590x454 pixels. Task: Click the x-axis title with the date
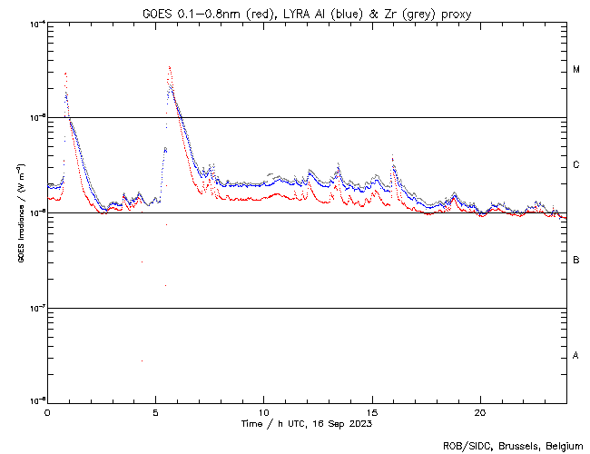click(307, 424)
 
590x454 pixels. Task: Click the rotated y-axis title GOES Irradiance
click(20, 212)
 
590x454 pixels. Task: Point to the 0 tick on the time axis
click(47, 411)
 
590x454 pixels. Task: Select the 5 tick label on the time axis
click(155, 411)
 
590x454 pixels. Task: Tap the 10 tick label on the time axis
click(263, 411)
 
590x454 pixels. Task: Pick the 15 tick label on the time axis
click(371, 411)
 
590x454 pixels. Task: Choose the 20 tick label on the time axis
click(479, 411)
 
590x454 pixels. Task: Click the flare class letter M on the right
click(576, 70)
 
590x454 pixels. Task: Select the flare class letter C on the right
click(576, 165)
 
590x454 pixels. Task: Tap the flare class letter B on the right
click(576, 261)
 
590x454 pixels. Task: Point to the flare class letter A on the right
click(576, 356)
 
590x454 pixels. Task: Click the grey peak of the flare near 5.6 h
click(169, 66)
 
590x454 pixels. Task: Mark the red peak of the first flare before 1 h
click(65, 74)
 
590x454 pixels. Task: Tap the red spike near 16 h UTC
click(392, 156)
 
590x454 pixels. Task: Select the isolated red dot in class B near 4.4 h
click(142, 262)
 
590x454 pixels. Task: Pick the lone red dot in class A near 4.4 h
click(142, 360)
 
